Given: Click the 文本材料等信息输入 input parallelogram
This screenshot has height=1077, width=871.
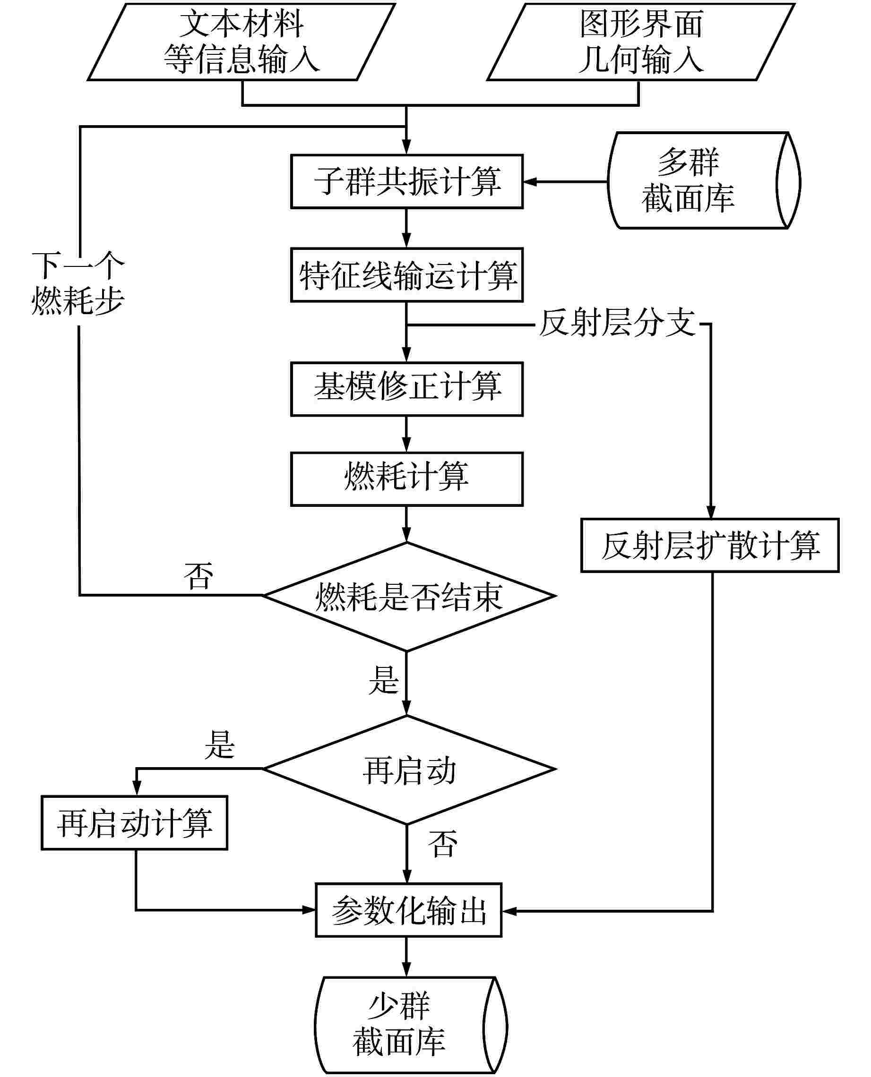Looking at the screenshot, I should pos(241,42).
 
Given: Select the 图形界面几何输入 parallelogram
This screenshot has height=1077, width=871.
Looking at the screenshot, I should pos(641,42).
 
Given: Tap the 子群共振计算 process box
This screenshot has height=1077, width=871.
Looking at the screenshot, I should pos(406,181).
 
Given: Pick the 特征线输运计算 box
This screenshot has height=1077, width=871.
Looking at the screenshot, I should pos(406,275).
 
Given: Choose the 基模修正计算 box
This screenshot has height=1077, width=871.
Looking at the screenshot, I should pos(406,389).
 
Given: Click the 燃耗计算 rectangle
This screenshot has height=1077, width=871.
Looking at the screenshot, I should pos(406,479).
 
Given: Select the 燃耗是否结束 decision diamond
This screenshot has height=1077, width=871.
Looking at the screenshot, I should pos(409,597).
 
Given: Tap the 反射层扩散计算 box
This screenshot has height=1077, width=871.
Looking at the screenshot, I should pos(710,546).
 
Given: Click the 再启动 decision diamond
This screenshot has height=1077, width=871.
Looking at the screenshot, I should pos(409,769).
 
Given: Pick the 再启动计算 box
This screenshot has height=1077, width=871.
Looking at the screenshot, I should pos(135,823).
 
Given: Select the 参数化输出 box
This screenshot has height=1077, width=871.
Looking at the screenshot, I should pos(408,910).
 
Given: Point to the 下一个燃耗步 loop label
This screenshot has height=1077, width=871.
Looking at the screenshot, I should pos(78,283).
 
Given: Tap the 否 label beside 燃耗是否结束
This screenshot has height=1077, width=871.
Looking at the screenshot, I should pos(198,577).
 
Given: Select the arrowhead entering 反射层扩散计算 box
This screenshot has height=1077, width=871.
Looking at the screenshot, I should pos(710,513).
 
